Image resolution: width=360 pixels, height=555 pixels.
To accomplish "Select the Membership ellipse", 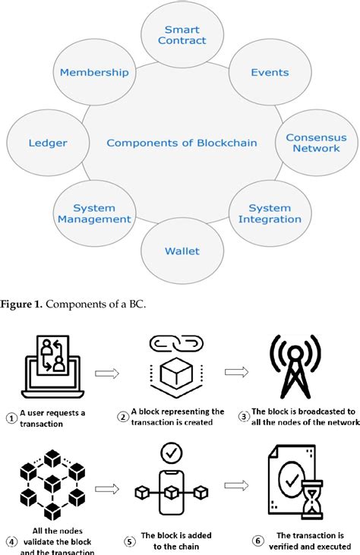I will click(93, 73).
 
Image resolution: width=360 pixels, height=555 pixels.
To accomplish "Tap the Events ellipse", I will click(270, 73).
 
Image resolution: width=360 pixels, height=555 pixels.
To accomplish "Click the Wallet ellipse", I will click(182, 251).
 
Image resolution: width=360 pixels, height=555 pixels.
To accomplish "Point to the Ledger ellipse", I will click(47, 143).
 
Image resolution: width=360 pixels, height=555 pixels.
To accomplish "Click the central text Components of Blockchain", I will click(182, 143).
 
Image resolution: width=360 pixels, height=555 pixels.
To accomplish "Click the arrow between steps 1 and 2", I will click(108, 373).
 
